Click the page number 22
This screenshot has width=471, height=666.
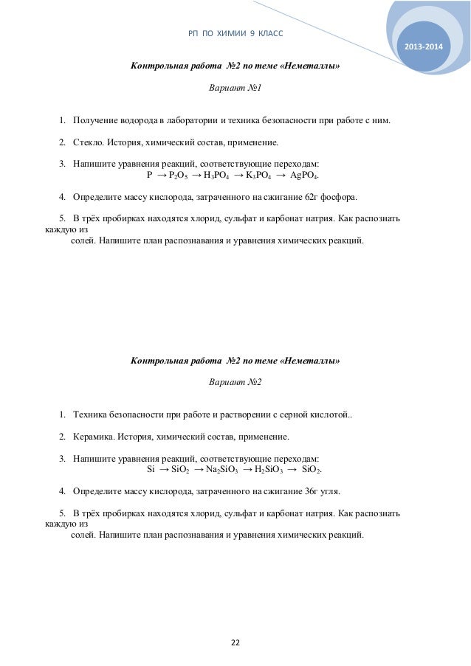(x=235, y=642)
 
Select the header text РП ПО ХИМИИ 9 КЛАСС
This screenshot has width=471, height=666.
(x=235, y=34)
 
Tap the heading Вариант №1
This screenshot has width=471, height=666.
(x=235, y=89)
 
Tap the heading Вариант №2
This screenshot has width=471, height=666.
(x=235, y=382)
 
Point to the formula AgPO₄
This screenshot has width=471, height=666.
(x=305, y=176)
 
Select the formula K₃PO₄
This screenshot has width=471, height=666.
(x=258, y=176)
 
